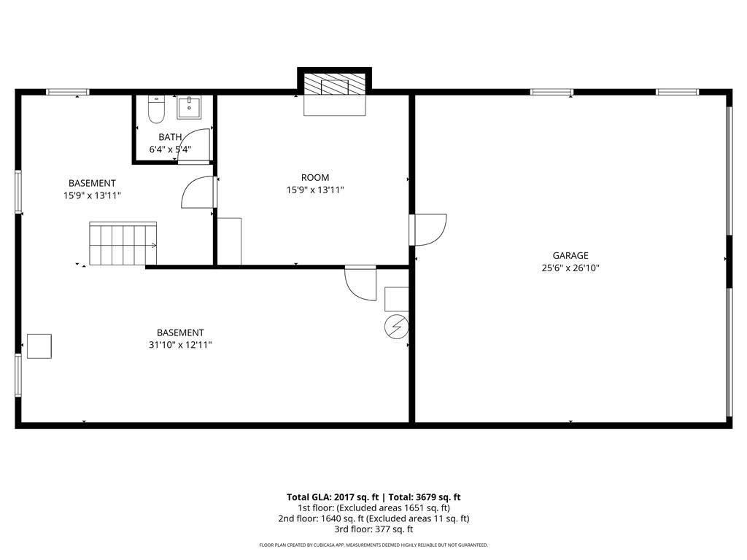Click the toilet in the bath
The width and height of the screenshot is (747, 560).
(156, 109)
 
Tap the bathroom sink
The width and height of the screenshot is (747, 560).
(189, 107)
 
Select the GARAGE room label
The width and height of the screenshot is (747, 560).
(570, 256)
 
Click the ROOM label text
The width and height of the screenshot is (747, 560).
(315, 178)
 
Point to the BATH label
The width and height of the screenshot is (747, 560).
(170, 137)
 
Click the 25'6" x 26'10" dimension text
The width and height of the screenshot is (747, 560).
(570, 268)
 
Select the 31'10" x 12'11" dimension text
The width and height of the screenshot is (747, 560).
(180, 345)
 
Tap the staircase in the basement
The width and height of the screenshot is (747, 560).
(123, 244)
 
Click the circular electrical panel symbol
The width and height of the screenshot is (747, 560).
(396, 326)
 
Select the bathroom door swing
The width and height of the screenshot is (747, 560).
(195, 145)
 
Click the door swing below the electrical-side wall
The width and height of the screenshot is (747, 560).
(360, 284)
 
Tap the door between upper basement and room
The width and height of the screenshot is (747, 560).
(199, 192)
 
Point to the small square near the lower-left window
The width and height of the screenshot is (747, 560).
(39, 346)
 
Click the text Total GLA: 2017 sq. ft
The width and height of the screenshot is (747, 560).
(333, 497)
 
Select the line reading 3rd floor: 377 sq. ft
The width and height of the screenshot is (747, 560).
(373, 529)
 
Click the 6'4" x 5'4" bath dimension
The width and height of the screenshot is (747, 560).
(170, 149)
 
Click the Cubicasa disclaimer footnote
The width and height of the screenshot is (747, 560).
(373, 545)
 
